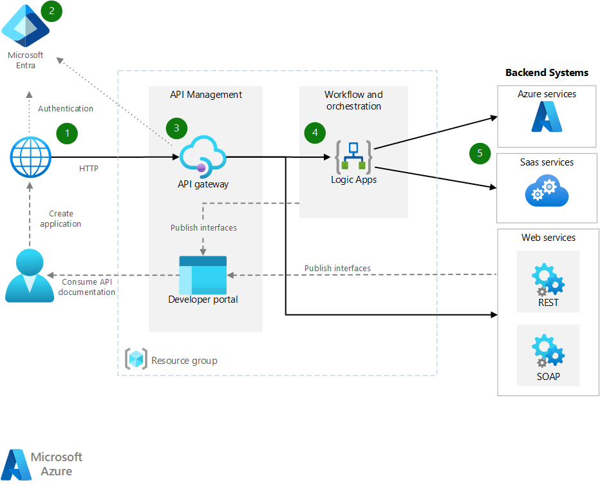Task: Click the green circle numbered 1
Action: [x=66, y=133]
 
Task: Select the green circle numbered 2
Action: [x=52, y=11]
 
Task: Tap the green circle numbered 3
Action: [x=176, y=127]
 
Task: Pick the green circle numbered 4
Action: [x=315, y=133]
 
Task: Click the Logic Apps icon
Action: [x=353, y=157]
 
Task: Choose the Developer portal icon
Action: [x=203, y=274]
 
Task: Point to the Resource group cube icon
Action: [x=136, y=359]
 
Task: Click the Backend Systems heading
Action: [x=547, y=73]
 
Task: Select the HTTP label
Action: [x=89, y=169]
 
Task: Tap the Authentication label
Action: [x=66, y=109]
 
